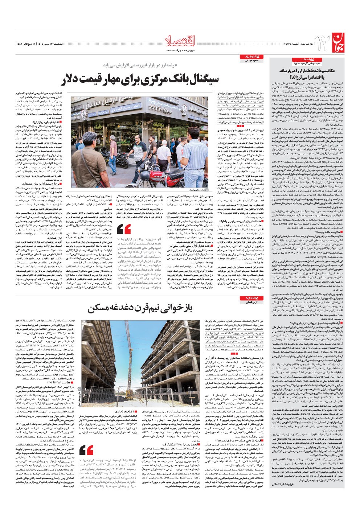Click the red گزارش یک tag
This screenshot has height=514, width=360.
click(249, 58)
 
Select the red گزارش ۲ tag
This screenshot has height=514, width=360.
click(249, 298)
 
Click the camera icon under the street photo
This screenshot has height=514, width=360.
click(207, 189)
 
